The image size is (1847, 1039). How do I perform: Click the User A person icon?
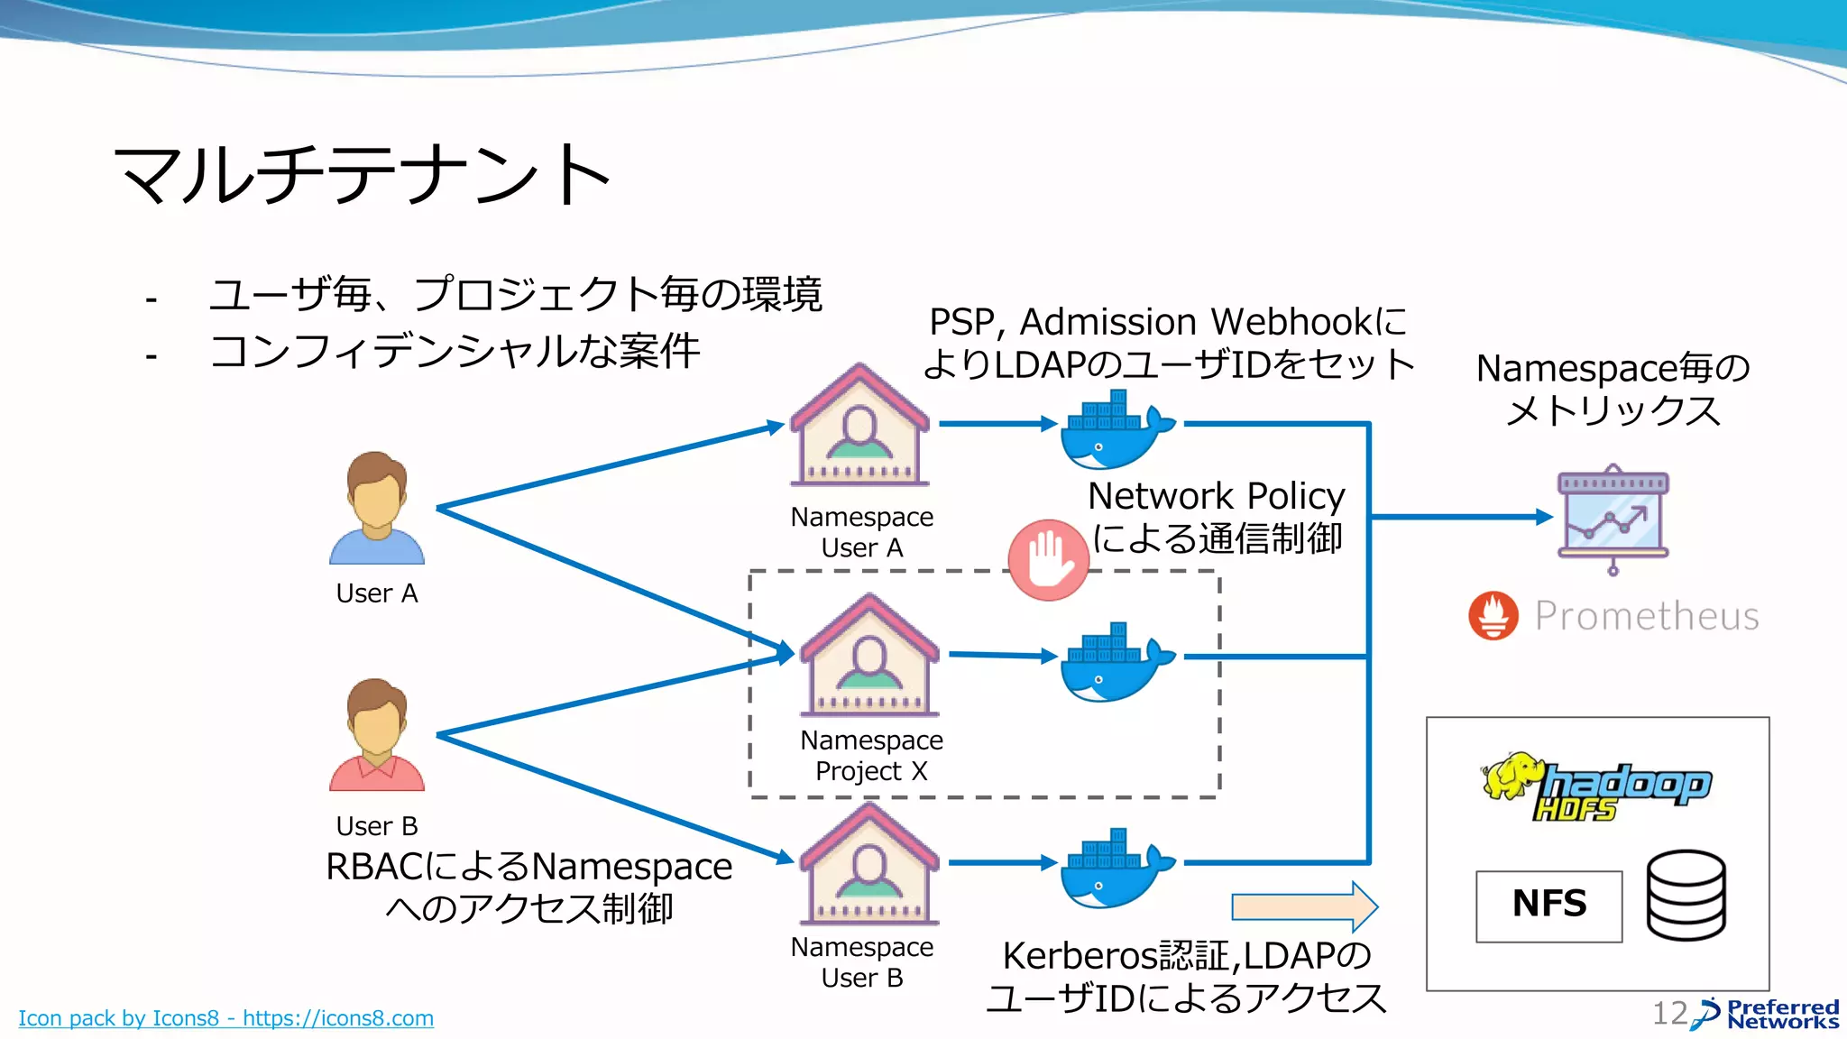click(x=377, y=508)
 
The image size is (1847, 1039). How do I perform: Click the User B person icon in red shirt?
click(x=377, y=735)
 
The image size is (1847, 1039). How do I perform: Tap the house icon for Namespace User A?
click(x=860, y=426)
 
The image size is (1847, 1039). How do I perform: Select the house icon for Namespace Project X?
click(x=869, y=656)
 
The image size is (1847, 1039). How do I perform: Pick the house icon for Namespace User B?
click(x=868, y=864)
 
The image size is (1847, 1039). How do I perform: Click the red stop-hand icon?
click(x=1048, y=560)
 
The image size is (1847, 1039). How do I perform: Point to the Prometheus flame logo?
click(x=1493, y=616)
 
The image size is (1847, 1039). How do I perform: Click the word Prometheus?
click(x=1647, y=616)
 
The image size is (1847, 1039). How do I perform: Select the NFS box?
click(x=1548, y=906)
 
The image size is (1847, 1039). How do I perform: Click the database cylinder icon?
click(x=1686, y=896)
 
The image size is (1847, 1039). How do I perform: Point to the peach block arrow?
click(x=1304, y=906)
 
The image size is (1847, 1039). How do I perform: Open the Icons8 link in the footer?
click(x=225, y=1018)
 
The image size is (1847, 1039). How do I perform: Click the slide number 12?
click(x=1669, y=1013)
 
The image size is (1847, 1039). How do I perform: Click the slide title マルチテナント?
click(x=363, y=174)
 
